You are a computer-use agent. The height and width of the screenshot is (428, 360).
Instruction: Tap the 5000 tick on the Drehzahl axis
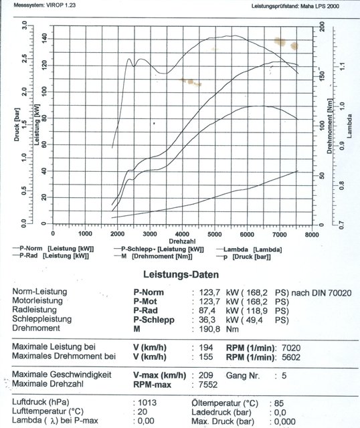point(214,233)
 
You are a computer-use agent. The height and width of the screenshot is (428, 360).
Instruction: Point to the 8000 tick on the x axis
point(311,233)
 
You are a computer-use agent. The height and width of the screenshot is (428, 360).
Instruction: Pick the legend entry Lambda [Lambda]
point(258,249)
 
